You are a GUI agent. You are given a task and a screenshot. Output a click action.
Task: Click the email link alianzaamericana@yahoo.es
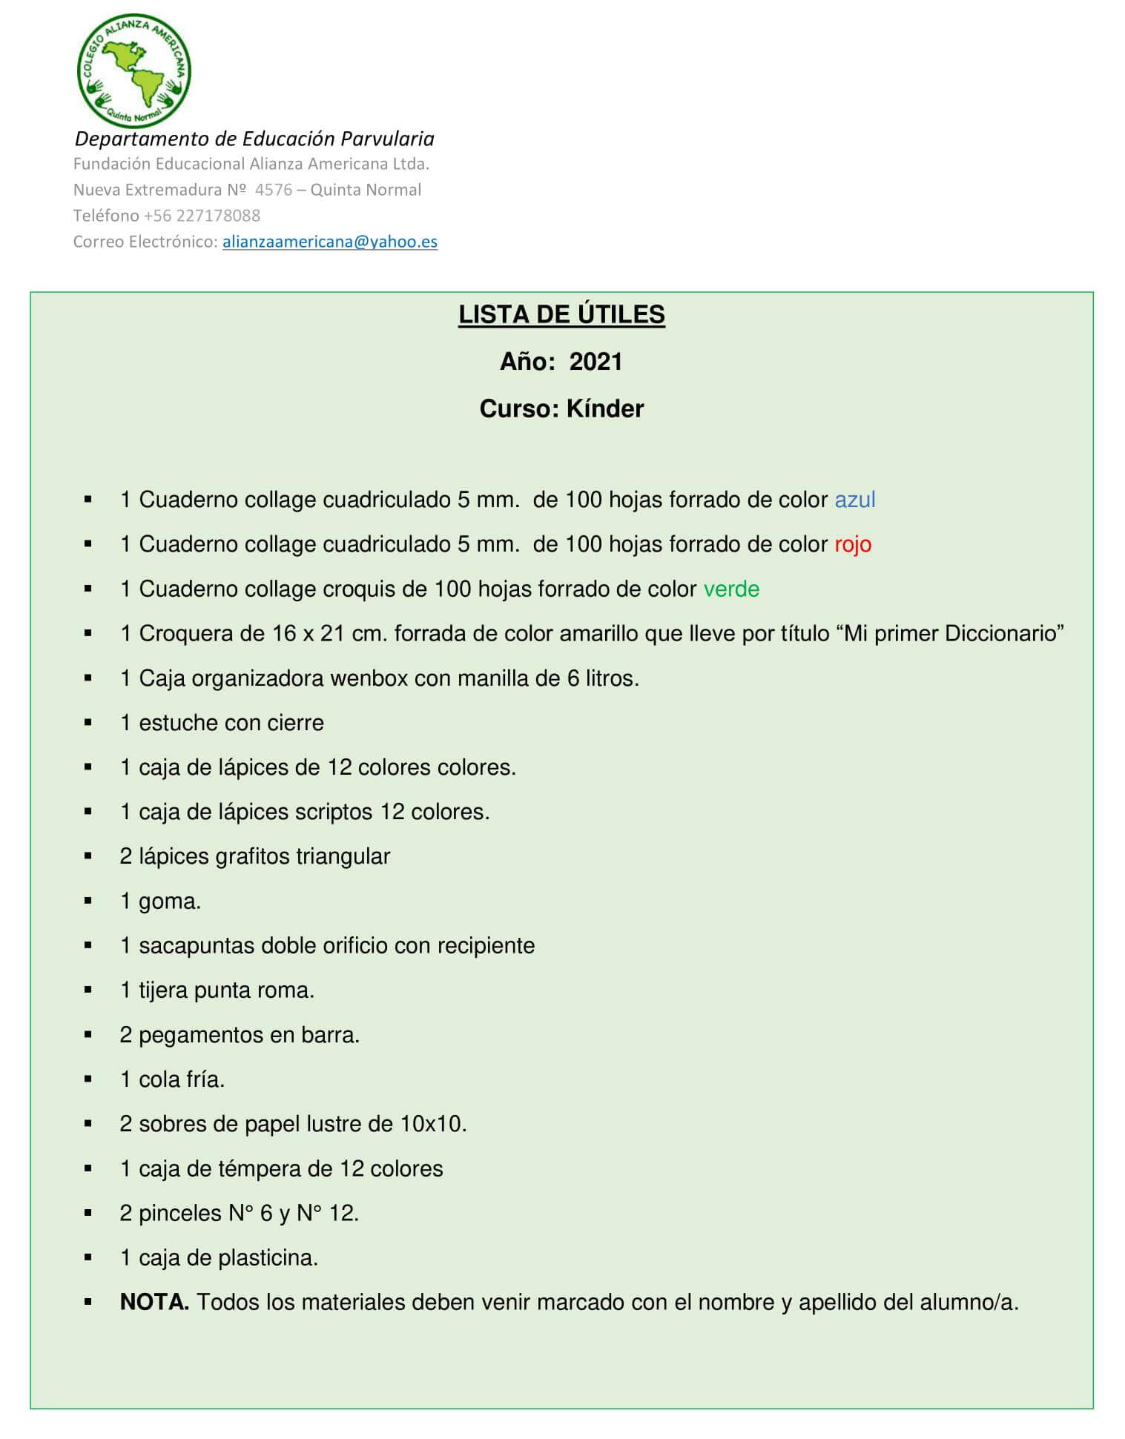pos(329,242)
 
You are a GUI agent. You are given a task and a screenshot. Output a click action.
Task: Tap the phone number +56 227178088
pos(202,216)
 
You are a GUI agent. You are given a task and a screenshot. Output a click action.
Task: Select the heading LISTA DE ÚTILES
pos(561,314)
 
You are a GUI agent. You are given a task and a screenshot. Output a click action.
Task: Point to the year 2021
pos(596,362)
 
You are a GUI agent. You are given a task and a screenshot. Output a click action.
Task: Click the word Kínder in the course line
pos(605,408)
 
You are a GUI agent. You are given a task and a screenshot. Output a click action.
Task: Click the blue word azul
pos(855,500)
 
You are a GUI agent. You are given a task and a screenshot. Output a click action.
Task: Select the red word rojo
pos(853,544)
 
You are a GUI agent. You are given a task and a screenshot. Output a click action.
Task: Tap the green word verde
pos(731,589)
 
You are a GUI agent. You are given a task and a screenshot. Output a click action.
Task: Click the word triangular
pos(343,856)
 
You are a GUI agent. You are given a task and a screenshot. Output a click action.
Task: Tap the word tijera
pos(163,990)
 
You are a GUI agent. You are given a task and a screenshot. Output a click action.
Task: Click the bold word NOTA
pos(154,1303)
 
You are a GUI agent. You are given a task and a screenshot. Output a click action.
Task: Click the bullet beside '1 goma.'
pos(88,902)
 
